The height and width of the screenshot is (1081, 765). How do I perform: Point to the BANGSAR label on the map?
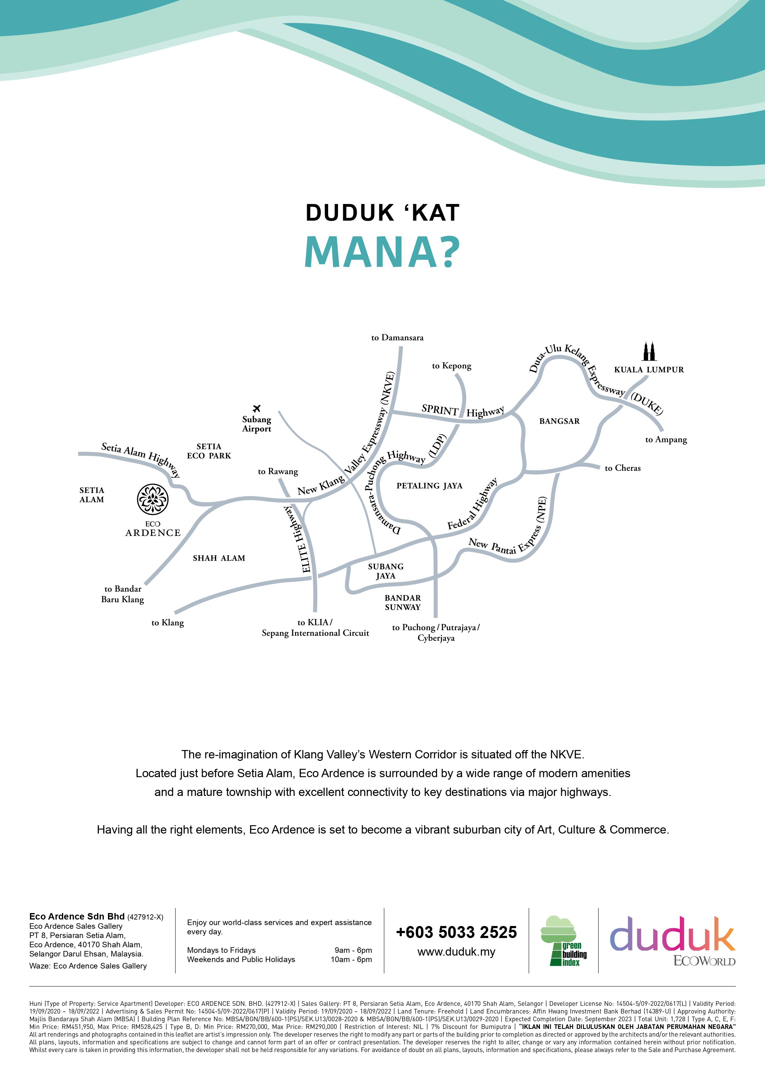(559, 421)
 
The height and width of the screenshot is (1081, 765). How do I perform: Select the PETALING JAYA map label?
(429, 485)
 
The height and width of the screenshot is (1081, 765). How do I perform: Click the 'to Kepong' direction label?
(451, 366)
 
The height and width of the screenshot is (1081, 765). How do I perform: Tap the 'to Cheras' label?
(622, 468)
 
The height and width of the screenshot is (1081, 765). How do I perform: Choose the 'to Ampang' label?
(666, 440)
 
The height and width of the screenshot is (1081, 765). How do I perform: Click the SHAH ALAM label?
(219, 558)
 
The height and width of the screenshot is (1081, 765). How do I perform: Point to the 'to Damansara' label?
(397, 337)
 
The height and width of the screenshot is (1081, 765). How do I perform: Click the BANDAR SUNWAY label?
(403, 602)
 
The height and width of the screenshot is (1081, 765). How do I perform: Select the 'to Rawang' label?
(278, 471)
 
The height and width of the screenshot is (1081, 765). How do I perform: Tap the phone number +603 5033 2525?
(456, 932)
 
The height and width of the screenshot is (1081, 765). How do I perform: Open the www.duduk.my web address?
(456, 952)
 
